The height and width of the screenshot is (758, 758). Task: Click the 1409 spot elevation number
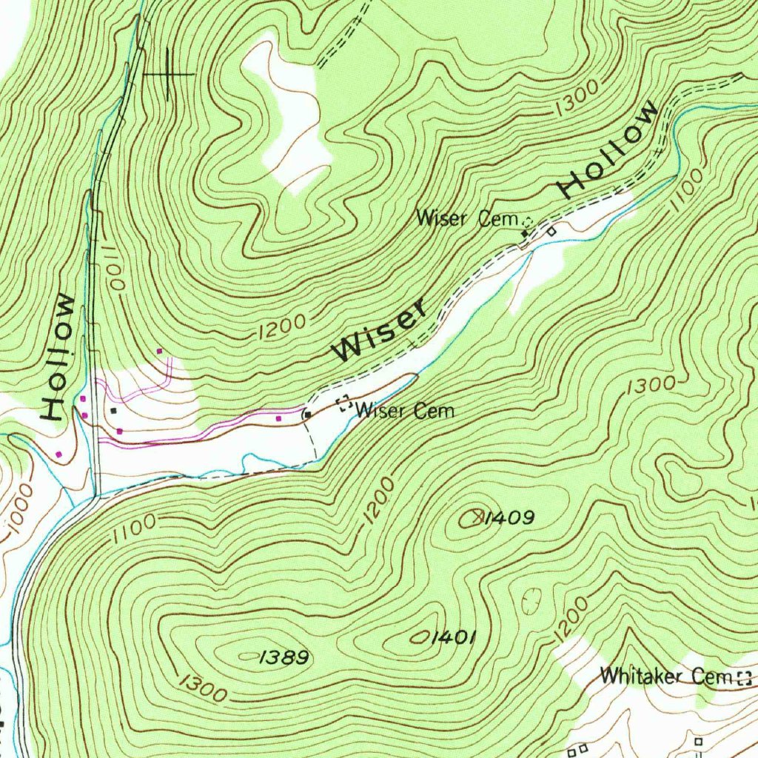click(x=509, y=518)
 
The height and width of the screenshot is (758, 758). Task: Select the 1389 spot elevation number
click(x=284, y=657)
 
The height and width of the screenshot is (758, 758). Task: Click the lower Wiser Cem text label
click(x=405, y=410)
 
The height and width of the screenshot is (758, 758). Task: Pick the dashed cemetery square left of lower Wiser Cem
click(x=344, y=404)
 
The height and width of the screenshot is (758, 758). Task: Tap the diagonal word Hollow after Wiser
click(x=608, y=150)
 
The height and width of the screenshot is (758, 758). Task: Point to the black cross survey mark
click(x=169, y=74)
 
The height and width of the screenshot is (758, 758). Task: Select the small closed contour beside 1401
click(x=420, y=637)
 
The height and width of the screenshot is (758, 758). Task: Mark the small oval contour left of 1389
click(x=246, y=656)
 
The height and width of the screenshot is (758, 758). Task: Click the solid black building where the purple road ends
click(x=306, y=415)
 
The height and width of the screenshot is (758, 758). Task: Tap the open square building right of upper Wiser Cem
click(x=551, y=232)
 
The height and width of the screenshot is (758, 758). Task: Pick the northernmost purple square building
click(x=158, y=351)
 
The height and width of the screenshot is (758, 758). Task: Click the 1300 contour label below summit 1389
click(x=201, y=688)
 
